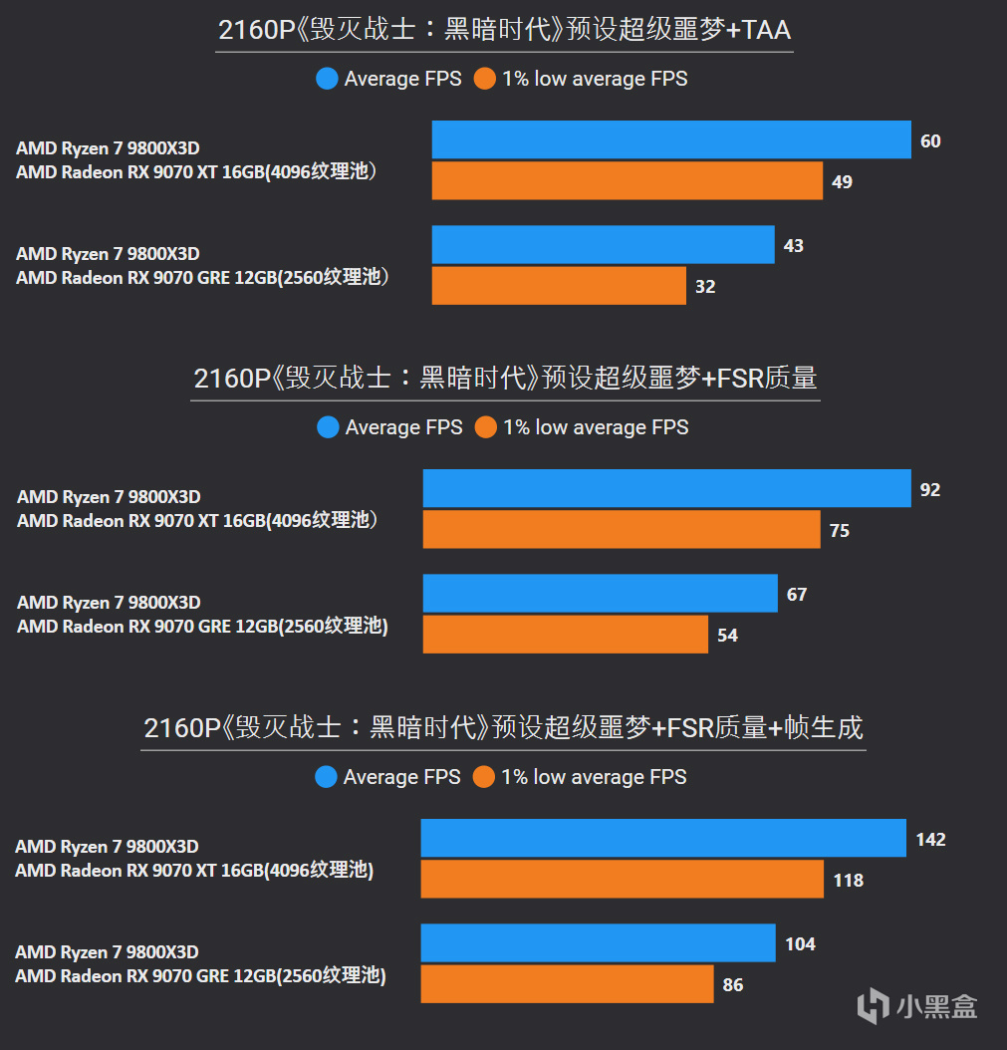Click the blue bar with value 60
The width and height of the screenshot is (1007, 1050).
[671, 139]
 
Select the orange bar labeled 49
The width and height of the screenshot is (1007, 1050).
[627, 181]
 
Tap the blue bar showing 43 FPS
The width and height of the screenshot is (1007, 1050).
[603, 245]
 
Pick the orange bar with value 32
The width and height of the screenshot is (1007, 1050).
[558, 286]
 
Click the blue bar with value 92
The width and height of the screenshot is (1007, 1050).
[666, 489]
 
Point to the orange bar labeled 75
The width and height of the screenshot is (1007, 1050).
[621, 530]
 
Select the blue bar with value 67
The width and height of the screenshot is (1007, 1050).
[600, 594]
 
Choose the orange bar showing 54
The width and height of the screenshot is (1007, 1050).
[565, 635]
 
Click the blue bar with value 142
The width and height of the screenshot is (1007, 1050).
[662, 839]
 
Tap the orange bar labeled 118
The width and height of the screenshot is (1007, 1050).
[622, 880]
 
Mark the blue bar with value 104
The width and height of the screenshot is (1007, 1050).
[598, 943]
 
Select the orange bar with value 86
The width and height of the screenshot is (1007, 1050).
[567, 984]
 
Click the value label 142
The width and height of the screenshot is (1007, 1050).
[930, 840]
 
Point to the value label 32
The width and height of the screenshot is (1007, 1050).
[705, 287]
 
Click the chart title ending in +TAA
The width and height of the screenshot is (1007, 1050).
[504, 30]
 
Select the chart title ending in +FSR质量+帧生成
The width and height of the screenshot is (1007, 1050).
[503, 728]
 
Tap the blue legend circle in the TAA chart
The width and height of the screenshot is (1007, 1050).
[327, 79]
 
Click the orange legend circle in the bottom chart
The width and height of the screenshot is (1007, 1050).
[484, 777]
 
